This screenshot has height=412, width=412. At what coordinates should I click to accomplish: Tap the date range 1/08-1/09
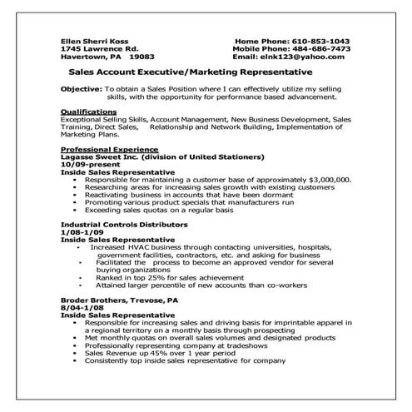click(82, 232)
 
